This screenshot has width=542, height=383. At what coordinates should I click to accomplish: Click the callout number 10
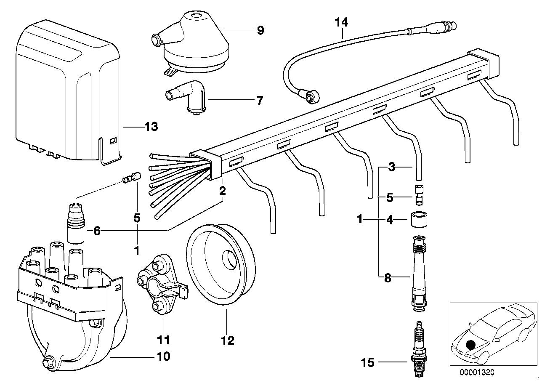[x=163, y=356]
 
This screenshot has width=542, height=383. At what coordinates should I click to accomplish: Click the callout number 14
[x=342, y=22]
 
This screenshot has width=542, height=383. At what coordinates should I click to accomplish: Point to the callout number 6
[x=97, y=231]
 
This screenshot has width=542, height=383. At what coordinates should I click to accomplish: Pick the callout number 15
[x=367, y=362]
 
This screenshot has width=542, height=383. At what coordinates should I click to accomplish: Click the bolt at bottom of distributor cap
[x=47, y=363]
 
